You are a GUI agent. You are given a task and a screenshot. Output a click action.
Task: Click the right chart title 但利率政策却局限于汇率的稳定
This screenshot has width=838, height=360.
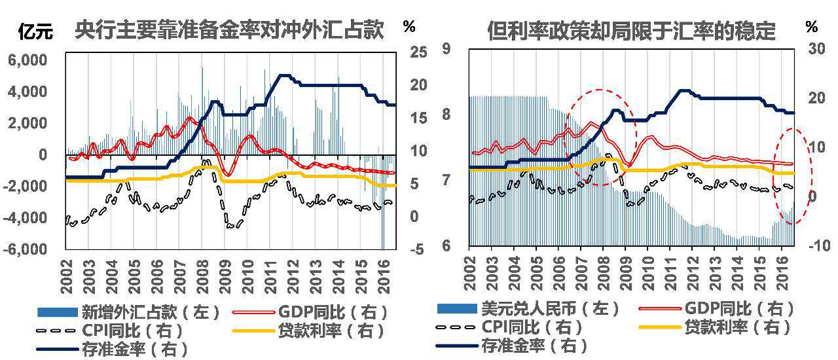click(631, 31)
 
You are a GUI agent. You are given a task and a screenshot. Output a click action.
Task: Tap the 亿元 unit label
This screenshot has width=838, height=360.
click(35, 30)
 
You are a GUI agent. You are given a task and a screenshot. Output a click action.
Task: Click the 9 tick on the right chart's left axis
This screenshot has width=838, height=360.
click(447, 48)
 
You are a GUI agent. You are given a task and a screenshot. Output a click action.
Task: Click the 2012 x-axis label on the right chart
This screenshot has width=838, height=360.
click(693, 274)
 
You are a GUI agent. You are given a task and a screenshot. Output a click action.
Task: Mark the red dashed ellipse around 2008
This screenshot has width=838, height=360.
click(600, 135)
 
